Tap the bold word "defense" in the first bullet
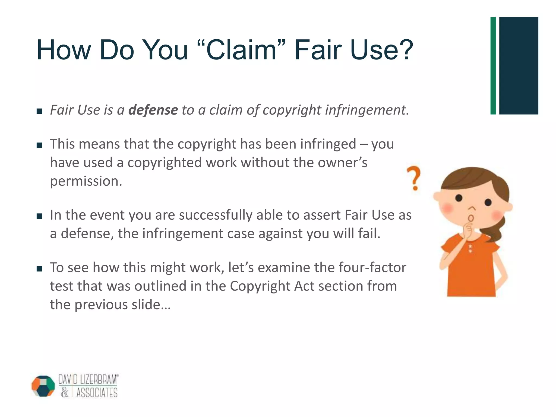pos(153,110)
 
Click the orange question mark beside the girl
pos(414,178)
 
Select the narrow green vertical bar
pos(493,66)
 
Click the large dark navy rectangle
pos(519,66)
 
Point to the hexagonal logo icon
pos(43,386)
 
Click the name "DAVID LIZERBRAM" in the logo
pos(88,379)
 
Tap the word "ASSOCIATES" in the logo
pos(97,393)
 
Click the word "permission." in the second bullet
pos(86,181)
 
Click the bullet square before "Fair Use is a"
pos(39,111)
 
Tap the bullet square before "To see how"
pos(39,269)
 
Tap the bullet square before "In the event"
pos(39,216)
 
